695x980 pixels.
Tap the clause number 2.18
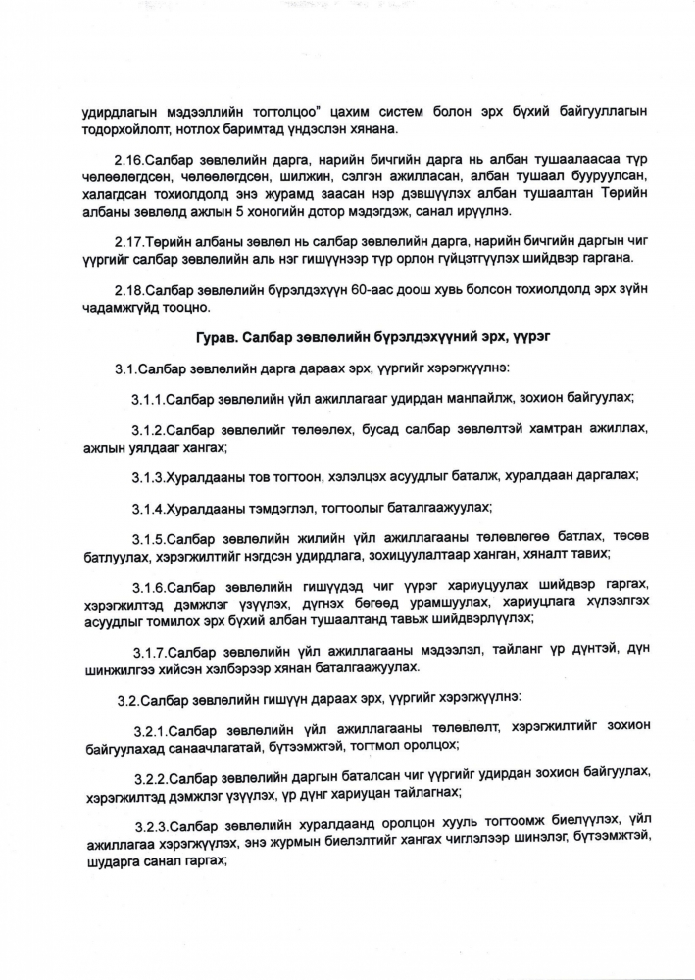[x=128, y=290]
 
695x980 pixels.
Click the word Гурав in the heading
[x=217, y=338]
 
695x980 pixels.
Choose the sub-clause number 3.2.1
[x=151, y=731]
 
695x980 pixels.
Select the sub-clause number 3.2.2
[x=152, y=777]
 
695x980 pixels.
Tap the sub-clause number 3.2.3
[x=152, y=825]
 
